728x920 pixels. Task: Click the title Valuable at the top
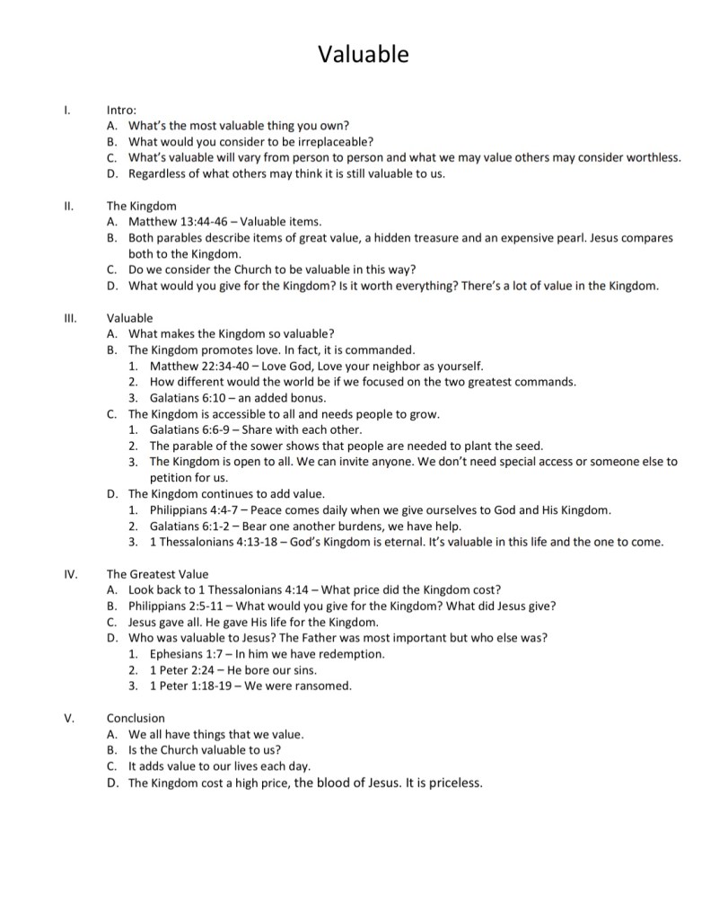coord(364,55)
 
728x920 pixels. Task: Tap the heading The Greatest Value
coord(157,573)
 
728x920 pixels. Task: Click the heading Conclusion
coord(136,718)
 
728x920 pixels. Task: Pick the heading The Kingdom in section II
coord(141,206)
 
